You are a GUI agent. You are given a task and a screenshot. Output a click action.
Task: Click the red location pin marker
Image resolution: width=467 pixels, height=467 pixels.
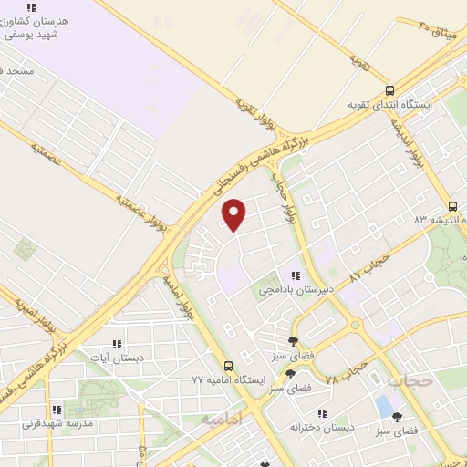tap(234, 214)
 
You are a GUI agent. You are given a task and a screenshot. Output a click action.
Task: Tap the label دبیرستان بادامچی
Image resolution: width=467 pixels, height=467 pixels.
tap(296, 289)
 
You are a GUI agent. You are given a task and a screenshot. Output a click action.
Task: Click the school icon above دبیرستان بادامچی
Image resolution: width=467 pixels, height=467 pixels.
tap(296, 275)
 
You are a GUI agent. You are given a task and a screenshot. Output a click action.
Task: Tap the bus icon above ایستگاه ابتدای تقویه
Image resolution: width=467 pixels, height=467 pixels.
tap(390, 90)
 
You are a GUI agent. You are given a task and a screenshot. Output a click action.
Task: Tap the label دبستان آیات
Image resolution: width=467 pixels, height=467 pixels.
tap(116, 357)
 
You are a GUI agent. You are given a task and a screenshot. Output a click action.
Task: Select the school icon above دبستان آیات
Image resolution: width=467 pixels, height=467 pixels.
tap(116, 343)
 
